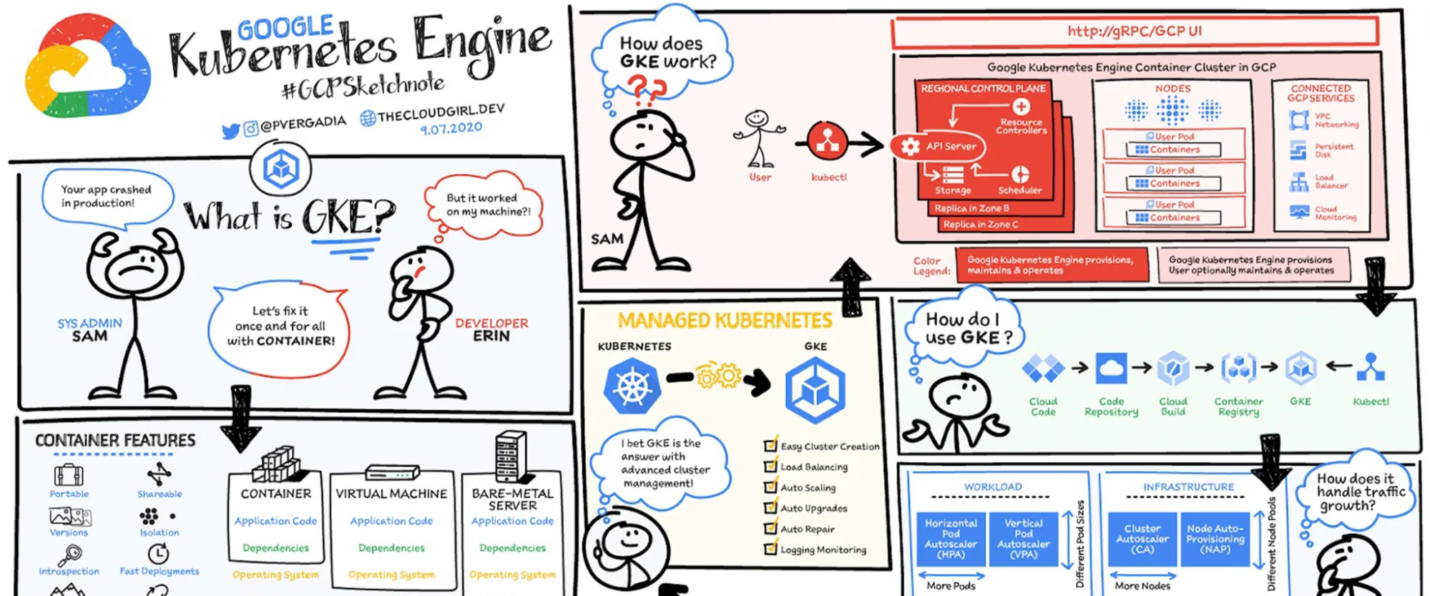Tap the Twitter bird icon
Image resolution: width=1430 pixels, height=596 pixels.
(230, 132)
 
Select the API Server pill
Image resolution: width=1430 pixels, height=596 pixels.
(939, 147)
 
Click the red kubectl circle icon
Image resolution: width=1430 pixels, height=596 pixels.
(828, 142)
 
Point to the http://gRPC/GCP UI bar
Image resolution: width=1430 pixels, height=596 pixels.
(1135, 31)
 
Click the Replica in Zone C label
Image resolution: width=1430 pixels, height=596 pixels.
(981, 225)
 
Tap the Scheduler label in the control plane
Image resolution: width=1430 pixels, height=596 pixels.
(1019, 190)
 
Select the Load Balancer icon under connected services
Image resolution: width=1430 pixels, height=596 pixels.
(1299, 182)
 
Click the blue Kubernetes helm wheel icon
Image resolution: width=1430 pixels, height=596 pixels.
(632, 386)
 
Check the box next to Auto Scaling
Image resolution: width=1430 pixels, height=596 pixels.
(770, 487)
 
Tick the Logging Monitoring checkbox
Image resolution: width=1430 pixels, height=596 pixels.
(770, 549)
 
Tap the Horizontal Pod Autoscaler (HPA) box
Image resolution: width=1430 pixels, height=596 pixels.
(951, 539)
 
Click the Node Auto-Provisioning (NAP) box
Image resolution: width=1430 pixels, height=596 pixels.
(1215, 539)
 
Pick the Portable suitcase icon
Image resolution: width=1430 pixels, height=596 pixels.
(69, 475)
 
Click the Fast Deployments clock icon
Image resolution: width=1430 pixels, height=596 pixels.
(158, 554)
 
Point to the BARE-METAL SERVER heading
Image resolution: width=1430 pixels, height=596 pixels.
(512, 499)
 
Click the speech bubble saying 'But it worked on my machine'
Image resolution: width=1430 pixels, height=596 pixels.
(484, 205)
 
